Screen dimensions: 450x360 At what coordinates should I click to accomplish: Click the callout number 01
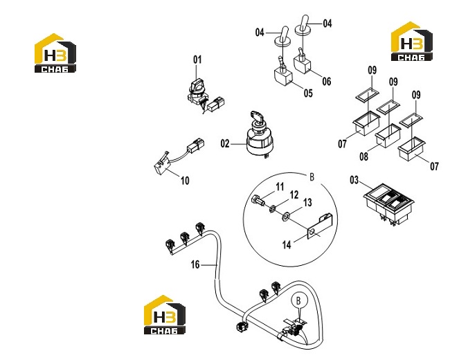pos(197,60)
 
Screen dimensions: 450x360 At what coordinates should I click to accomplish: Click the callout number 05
pos(308,93)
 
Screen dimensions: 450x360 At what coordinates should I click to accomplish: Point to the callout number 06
pos(327,81)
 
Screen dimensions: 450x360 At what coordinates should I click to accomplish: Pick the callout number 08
pos(363,156)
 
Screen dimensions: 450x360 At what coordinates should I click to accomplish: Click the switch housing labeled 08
pos(388,136)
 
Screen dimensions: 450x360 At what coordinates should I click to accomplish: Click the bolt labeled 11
pos(258,200)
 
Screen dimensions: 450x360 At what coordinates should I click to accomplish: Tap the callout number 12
pos(294,195)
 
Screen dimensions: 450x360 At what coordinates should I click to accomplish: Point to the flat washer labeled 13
pos(285,216)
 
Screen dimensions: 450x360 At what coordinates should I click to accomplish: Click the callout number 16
pos(195,264)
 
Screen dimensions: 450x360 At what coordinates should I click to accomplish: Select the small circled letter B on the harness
pos(299,300)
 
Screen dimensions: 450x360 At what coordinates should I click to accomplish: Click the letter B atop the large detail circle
pos(312,177)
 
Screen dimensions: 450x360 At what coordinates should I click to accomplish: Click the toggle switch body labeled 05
pos(283,75)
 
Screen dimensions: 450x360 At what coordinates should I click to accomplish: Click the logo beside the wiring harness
pos(165,315)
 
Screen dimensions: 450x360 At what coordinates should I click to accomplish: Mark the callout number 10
pos(185,181)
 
